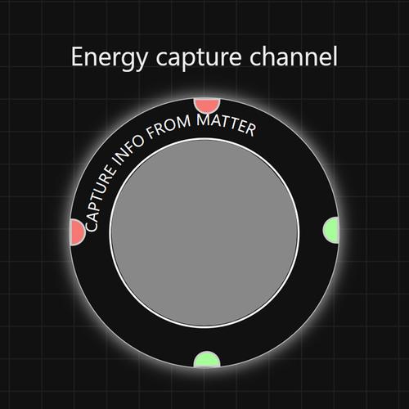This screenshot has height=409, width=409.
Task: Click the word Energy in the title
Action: [x=110, y=58]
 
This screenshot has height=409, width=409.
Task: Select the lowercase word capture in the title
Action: [x=199, y=59]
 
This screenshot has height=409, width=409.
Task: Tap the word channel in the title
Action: [x=294, y=56]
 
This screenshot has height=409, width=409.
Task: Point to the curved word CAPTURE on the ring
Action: [x=100, y=199]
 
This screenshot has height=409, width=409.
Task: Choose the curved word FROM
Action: [x=169, y=126]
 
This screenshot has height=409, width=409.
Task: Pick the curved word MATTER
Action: [x=226, y=124]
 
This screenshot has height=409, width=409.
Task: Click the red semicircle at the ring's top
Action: [x=207, y=105]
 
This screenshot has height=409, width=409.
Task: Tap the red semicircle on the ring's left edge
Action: [x=78, y=232]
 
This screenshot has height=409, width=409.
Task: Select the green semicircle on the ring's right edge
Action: [x=331, y=230]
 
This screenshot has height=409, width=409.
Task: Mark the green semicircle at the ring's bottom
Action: [x=207, y=359]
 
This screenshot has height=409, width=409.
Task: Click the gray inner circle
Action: [x=204, y=232]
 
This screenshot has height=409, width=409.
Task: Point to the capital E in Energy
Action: [x=77, y=56]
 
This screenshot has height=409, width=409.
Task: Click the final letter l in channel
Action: [x=335, y=56]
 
